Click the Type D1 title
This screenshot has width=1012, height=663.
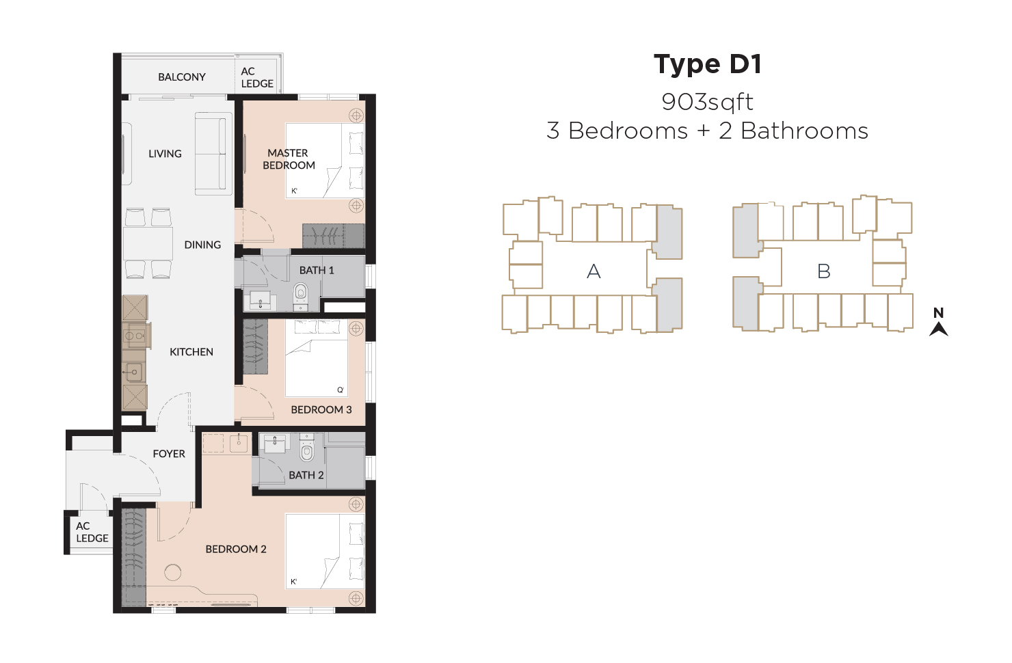pyautogui.click(x=708, y=65)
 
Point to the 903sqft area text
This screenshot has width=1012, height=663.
pyautogui.click(x=708, y=102)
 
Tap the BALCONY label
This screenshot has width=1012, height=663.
pyautogui.click(x=182, y=77)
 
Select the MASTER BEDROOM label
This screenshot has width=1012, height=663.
pyautogui.click(x=289, y=159)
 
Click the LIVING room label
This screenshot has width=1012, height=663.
pyautogui.click(x=165, y=154)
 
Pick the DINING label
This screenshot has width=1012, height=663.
pyautogui.click(x=202, y=245)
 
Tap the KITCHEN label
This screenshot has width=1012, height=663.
pyautogui.click(x=191, y=352)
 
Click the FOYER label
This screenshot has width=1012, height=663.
pyautogui.click(x=169, y=454)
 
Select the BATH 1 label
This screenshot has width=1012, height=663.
pyautogui.click(x=317, y=271)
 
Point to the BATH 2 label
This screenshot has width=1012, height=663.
pyautogui.click(x=306, y=475)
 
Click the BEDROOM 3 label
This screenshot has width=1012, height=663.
pyautogui.click(x=321, y=409)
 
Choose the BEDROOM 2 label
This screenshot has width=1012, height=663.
pyautogui.click(x=236, y=549)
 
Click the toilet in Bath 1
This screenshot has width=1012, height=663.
pyautogui.click(x=301, y=297)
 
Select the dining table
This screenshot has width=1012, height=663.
pyautogui.click(x=148, y=243)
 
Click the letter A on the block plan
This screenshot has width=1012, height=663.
pyautogui.click(x=594, y=271)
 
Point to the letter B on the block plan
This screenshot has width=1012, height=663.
pyautogui.click(x=823, y=271)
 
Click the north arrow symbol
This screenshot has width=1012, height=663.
pyautogui.click(x=938, y=328)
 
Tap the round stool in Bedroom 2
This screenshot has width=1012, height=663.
pyautogui.click(x=172, y=573)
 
